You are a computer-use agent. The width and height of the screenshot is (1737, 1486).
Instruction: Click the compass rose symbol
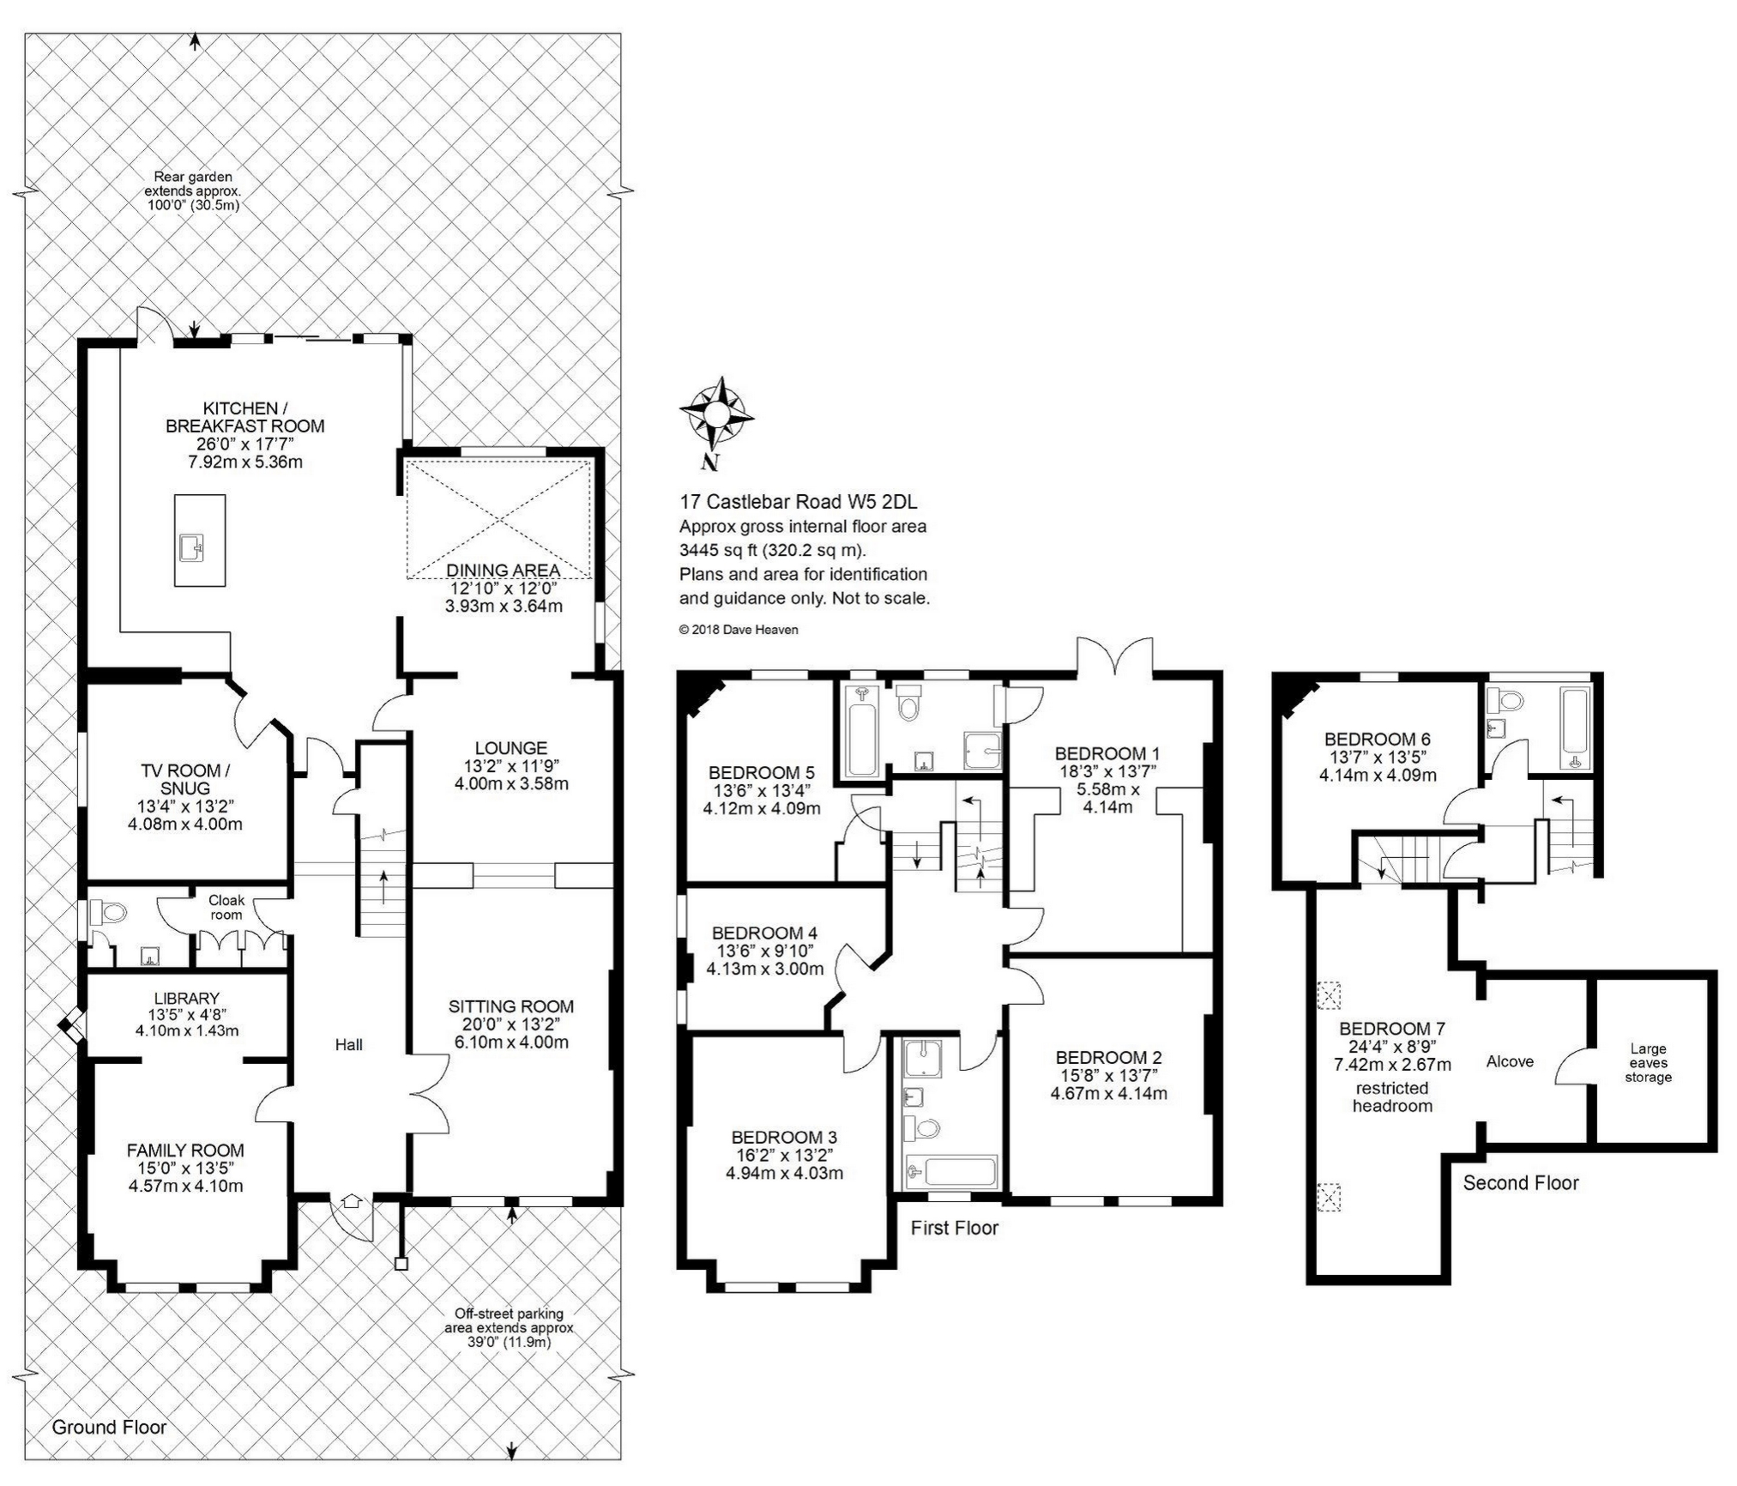click(x=716, y=415)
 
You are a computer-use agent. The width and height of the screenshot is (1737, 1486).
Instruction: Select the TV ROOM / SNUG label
click(x=185, y=779)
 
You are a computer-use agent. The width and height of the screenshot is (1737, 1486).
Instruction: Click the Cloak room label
click(x=226, y=907)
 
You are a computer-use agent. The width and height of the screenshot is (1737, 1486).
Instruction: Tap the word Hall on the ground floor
click(x=349, y=1044)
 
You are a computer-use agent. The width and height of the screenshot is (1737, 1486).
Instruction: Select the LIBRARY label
click(x=186, y=998)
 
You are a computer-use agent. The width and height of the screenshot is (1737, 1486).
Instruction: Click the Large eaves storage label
click(x=1648, y=1062)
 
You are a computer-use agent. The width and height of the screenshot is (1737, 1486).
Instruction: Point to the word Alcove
click(x=1510, y=1061)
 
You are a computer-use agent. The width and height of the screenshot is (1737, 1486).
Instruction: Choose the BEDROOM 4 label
click(x=764, y=933)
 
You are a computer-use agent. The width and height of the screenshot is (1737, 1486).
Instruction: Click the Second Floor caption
click(x=1521, y=1183)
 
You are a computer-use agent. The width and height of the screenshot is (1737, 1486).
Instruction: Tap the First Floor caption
click(x=955, y=1228)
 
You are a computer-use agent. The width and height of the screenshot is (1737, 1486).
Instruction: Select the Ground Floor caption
click(x=109, y=1427)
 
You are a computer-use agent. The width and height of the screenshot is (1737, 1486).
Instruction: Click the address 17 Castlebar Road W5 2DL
click(x=799, y=502)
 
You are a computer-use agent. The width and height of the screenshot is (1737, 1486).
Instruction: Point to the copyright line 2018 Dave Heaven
click(x=739, y=630)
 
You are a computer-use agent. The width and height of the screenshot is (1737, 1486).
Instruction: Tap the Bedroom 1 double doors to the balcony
click(x=1115, y=657)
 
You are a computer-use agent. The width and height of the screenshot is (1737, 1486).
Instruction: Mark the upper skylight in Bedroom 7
click(x=1329, y=995)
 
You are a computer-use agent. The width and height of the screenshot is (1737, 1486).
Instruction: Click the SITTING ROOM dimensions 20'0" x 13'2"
click(x=510, y=1024)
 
